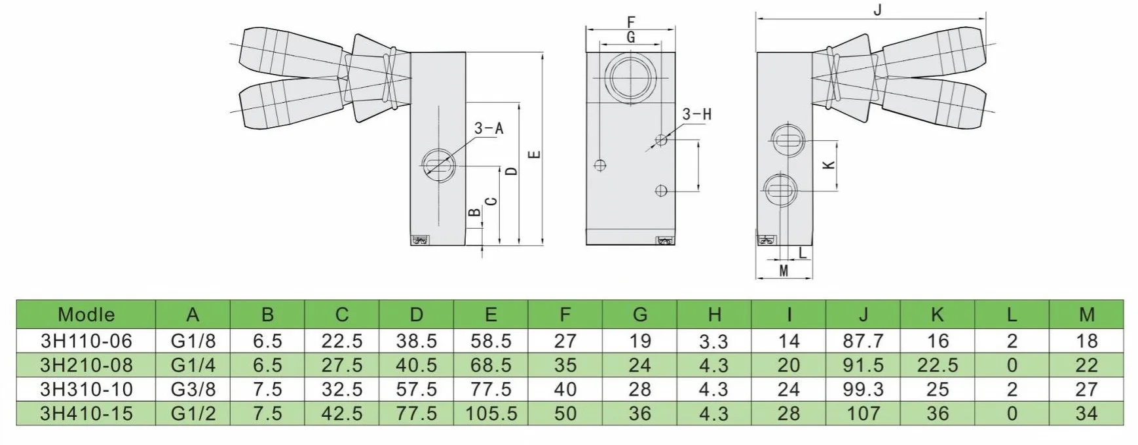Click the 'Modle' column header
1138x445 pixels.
86,315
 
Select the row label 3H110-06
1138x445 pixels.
86,341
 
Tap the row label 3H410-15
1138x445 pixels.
86,414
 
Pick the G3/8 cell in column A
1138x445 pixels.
193,389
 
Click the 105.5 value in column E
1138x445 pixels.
491,414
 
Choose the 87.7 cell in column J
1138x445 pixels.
863,341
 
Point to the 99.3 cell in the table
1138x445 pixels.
863,389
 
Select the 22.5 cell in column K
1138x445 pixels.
938,365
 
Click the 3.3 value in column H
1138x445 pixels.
713,341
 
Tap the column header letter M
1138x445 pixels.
1086,315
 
